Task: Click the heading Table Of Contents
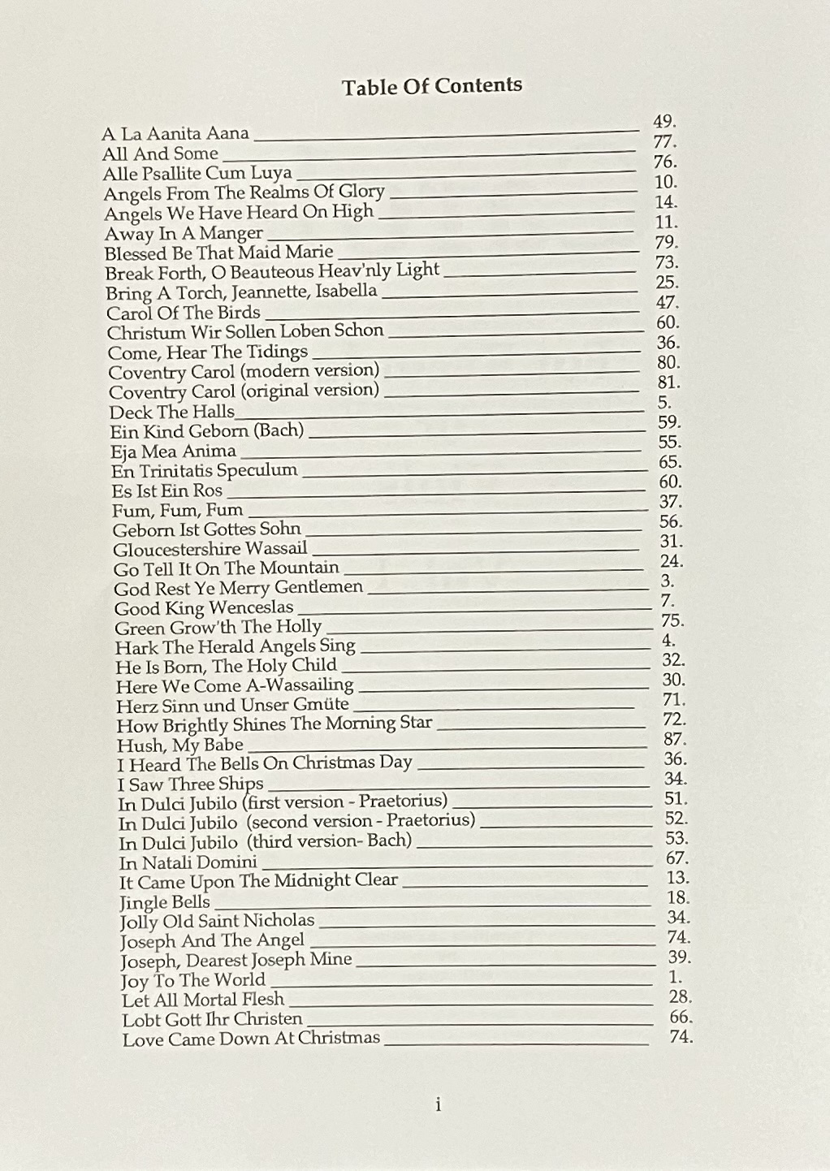point(431,86)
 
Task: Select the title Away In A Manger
point(184,233)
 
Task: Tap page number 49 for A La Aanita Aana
point(664,122)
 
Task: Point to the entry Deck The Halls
point(171,412)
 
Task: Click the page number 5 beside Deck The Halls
point(664,402)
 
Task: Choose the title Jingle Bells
point(164,902)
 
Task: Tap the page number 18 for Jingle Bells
point(677,897)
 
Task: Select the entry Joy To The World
point(192,980)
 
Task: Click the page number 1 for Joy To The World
point(675,977)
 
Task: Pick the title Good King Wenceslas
point(203,607)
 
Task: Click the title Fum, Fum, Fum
point(177,510)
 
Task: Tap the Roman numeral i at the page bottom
point(438,1104)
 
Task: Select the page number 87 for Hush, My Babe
point(674,739)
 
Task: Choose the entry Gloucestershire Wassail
point(210,549)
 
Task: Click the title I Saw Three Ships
point(190,784)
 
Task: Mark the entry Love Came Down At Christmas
point(250,1039)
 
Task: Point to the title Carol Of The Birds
point(183,313)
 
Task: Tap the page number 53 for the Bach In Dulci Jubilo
point(676,838)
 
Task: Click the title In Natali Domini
point(188,862)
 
